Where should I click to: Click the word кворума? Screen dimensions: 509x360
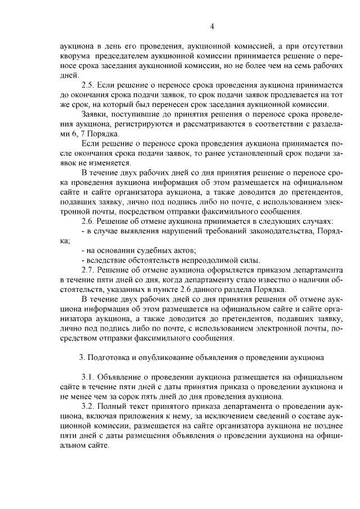tap(75, 55)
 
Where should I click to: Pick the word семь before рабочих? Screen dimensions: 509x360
tap(302, 65)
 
